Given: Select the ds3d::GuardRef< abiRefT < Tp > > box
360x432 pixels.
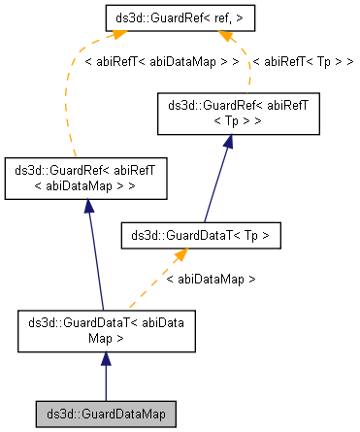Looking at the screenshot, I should point(227,114).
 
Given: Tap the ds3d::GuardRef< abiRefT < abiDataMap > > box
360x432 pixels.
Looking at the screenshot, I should point(87,177).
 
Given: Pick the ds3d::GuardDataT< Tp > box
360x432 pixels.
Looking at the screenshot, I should point(201,234).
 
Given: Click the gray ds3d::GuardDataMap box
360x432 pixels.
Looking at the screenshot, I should point(105,414).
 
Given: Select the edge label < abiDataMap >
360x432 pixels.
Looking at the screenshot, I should point(210,279).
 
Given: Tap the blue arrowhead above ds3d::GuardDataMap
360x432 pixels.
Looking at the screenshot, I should point(105,359).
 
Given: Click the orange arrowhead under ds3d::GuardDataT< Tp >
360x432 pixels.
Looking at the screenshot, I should point(180,254).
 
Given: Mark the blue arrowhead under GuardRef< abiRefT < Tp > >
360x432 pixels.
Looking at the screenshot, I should point(227,142).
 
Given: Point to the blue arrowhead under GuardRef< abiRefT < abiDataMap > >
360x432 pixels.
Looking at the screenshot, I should point(88,205).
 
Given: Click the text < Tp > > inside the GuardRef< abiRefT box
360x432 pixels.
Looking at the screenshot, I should point(227,121).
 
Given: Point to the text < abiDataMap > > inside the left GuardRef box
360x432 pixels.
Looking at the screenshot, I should point(87,184).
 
